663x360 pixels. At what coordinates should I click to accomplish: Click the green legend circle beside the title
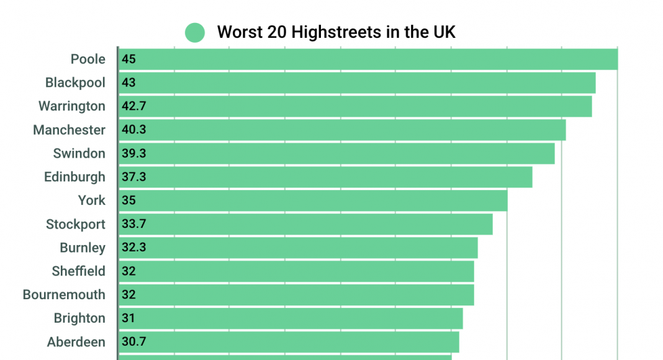pyautogui.click(x=195, y=32)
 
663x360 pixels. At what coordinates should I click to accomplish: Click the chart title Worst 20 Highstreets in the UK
pyautogui.click(x=336, y=32)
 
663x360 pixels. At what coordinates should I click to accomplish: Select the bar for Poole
pyautogui.click(x=368, y=60)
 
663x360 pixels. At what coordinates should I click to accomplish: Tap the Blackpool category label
pyautogui.click(x=75, y=83)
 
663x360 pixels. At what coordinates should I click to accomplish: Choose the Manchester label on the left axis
pyautogui.click(x=69, y=130)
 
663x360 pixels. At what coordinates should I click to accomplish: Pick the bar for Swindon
pyautogui.click(x=336, y=153)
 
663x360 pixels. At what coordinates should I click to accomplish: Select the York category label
pyautogui.click(x=91, y=200)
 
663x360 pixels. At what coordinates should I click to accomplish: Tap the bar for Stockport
pyautogui.click(x=305, y=224)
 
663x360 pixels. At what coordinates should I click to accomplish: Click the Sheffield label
pyautogui.click(x=78, y=271)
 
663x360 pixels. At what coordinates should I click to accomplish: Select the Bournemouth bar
pyautogui.click(x=295, y=295)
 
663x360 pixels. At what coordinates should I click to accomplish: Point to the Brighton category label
pyautogui.click(x=79, y=318)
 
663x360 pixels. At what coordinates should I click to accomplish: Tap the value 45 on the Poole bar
pyautogui.click(x=129, y=60)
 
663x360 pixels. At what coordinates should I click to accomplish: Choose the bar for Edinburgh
pyautogui.click(x=325, y=177)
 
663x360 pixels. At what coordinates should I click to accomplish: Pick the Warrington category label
pyautogui.click(x=72, y=106)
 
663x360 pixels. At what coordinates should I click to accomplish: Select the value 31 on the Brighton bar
pyautogui.click(x=129, y=318)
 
